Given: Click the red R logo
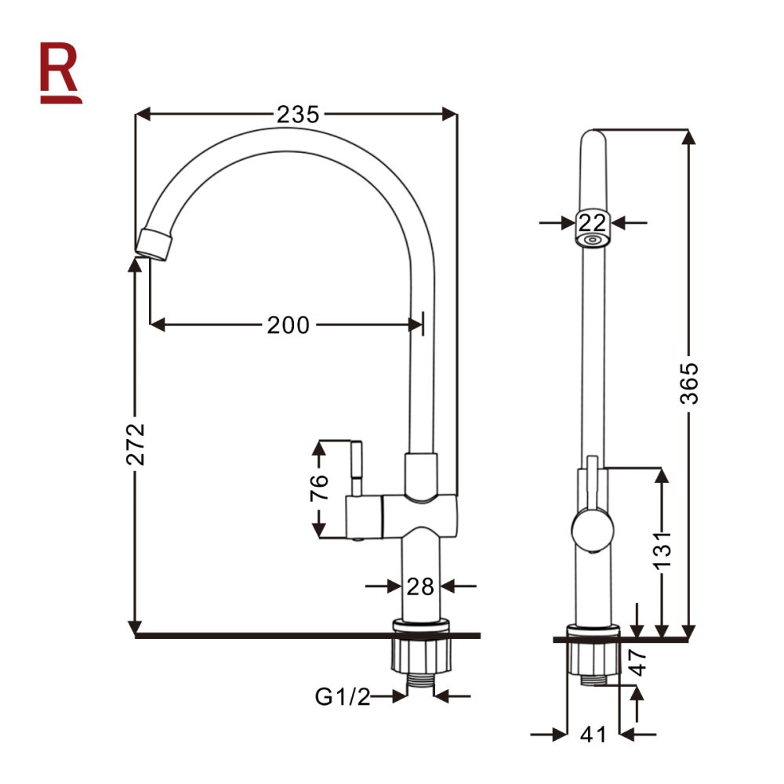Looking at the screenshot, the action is (60, 73).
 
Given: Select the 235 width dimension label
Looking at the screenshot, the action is (298, 114).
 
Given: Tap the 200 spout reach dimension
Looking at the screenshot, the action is (289, 325).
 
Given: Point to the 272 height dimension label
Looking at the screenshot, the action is (136, 444).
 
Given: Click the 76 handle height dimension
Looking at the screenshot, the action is (319, 488).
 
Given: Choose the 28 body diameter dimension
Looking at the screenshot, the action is (420, 586).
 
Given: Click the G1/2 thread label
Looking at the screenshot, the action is (343, 696).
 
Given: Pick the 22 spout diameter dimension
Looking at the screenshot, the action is (593, 223).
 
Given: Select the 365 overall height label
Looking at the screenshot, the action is (689, 383).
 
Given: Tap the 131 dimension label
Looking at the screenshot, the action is (662, 550).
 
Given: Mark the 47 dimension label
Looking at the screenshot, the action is (639, 662).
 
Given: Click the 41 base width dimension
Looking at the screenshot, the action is (593, 735).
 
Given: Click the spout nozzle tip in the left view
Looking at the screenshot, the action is (154, 245).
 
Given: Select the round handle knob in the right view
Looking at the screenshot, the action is (593, 529).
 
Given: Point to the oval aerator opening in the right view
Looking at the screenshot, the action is (593, 240).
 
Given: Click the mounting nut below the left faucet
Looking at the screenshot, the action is (421, 655).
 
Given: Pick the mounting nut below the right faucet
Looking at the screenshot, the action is (593, 658).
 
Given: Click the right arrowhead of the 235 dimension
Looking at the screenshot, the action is (449, 114).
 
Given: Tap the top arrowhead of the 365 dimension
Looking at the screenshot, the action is (689, 137).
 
